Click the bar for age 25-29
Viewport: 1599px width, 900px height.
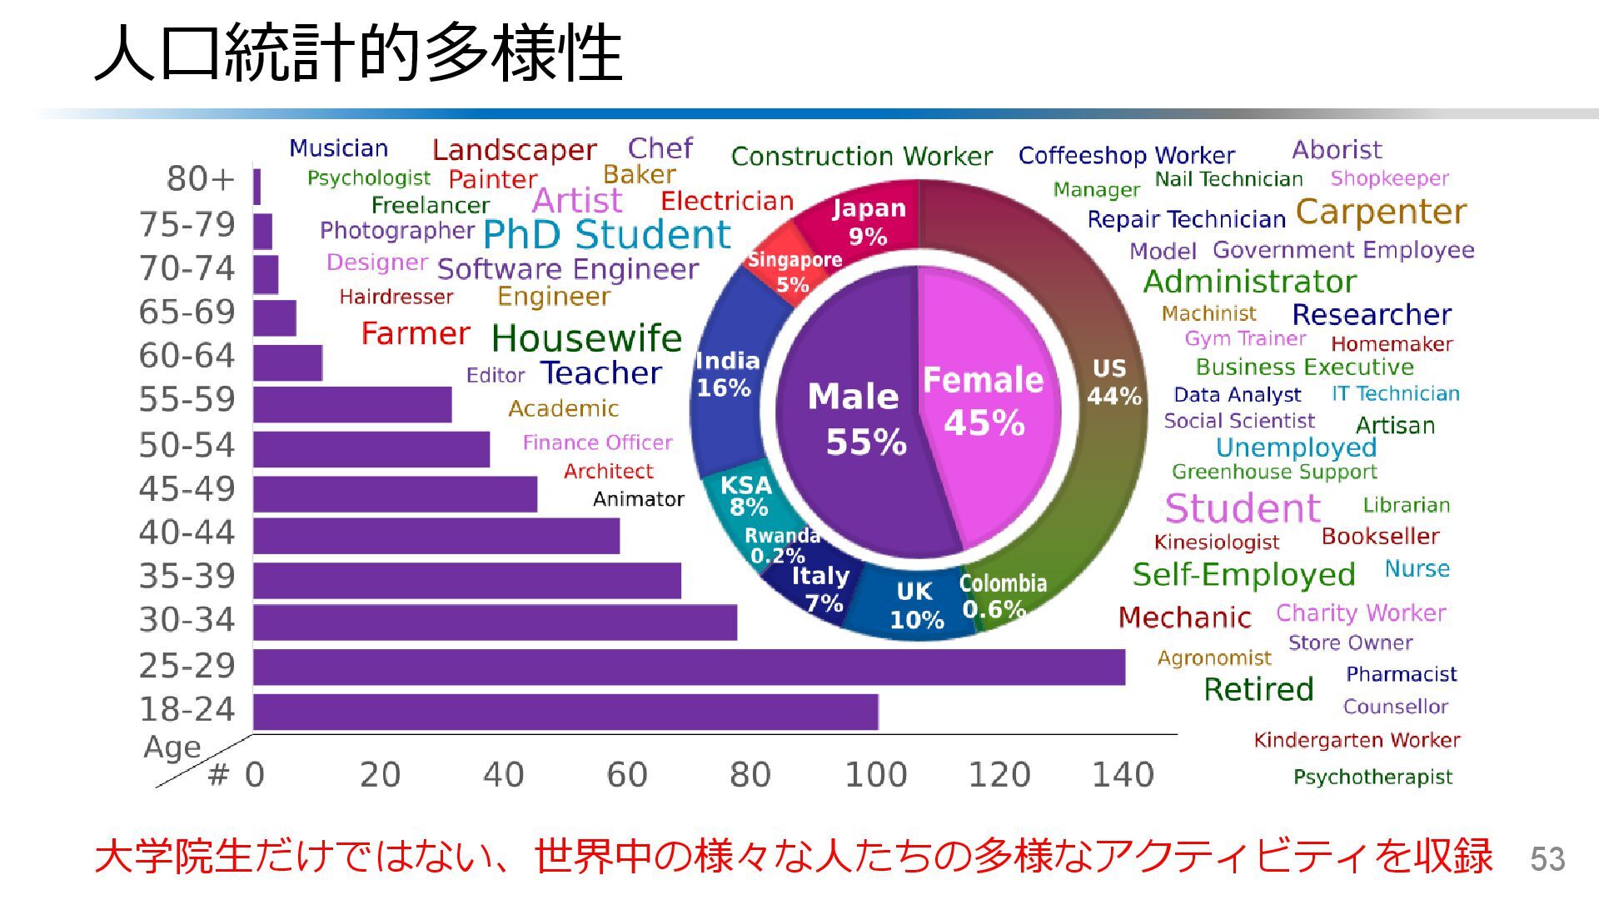click(x=689, y=667)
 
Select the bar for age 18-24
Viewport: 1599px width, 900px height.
click(x=565, y=712)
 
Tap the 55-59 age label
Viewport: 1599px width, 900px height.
click(x=187, y=400)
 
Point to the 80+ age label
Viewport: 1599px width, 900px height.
click(x=201, y=178)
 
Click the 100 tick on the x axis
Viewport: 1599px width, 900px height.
click(x=875, y=775)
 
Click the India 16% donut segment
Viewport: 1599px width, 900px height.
click(x=726, y=375)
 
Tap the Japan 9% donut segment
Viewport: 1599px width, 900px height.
click(x=866, y=221)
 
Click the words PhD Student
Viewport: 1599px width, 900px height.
click(x=606, y=235)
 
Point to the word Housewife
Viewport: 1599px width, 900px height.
click(x=586, y=338)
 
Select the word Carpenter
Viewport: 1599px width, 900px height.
click(x=1381, y=212)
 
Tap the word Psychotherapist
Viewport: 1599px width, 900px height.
click(x=1372, y=777)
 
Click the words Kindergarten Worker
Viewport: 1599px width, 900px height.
click(x=1357, y=740)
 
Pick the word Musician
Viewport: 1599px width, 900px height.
click(x=338, y=148)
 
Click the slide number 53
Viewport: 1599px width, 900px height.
click(x=1547, y=859)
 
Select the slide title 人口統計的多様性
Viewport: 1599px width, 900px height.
click(x=358, y=52)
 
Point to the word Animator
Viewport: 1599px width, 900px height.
click(x=638, y=499)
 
